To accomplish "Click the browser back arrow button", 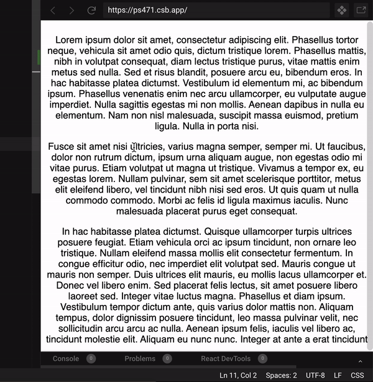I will pyautogui.click(x=53, y=10).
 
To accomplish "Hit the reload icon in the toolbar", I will pyautogui.click(x=91, y=10).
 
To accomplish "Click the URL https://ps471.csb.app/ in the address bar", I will pyautogui.click(x=147, y=10).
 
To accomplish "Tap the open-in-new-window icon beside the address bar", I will pyautogui.click(x=361, y=10).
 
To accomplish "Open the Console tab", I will pyautogui.click(x=66, y=358).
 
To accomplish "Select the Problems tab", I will pyautogui.click(x=140, y=358).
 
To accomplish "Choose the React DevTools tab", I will pyautogui.click(x=226, y=358).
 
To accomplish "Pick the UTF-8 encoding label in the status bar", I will pyautogui.click(x=315, y=375).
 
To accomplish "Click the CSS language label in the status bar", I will pyautogui.click(x=357, y=375).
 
